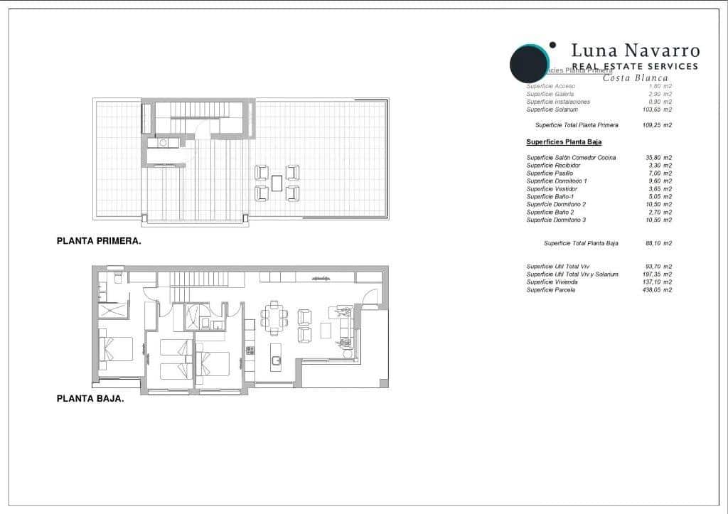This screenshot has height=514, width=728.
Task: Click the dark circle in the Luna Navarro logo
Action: (529, 63)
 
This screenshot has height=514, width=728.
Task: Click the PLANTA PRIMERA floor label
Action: (99, 241)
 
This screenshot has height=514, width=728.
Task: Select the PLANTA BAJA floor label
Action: (90, 399)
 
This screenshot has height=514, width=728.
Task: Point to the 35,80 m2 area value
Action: (658, 157)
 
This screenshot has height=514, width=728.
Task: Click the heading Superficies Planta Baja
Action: (564, 142)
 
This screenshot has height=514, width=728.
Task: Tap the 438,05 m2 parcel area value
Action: (658, 290)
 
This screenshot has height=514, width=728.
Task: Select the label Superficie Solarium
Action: (552, 109)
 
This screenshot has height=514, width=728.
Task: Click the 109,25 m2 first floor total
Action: (658, 125)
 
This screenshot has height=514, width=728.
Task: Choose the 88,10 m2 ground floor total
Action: (658, 243)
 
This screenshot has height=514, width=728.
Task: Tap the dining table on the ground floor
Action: (274, 319)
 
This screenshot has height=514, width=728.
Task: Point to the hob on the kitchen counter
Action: (250, 350)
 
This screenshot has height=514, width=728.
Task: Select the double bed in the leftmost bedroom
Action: (117, 349)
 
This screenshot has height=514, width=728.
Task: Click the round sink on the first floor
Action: (163, 143)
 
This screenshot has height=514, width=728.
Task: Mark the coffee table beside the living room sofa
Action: (326, 331)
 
